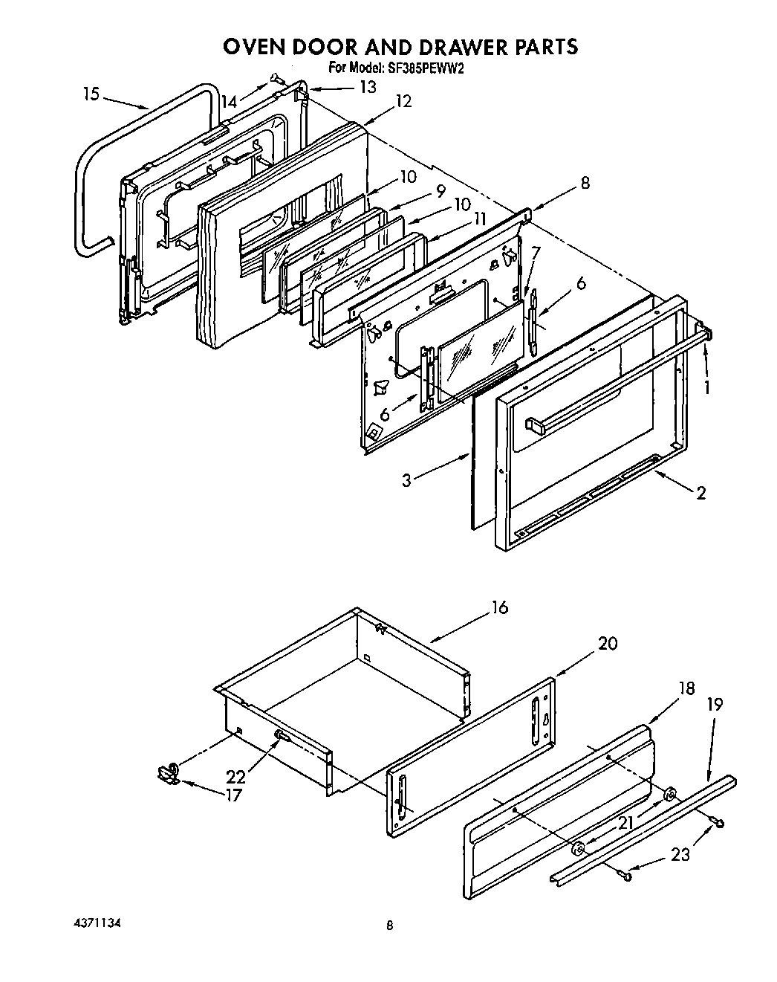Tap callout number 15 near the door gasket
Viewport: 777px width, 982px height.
[x=91, y=95]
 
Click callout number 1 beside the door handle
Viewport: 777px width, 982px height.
[x=707, y=387]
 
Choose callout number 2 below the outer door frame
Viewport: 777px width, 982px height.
[x=700, y=492]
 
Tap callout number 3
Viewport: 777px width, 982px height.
[x=406, y=480]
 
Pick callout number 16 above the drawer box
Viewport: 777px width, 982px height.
[x=499, y=607]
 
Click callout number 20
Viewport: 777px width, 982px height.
[x=608, y=644]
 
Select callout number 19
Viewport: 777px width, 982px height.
[x=714, y=703]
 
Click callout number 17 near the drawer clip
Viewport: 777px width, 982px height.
[x=234, y=795]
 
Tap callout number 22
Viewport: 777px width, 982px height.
[x=236, y=777]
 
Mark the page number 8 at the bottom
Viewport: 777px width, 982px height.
[x=389, y=926]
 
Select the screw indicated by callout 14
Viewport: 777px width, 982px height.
[x=275, y=77]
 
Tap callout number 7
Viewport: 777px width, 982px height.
[x=536, y=253]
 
